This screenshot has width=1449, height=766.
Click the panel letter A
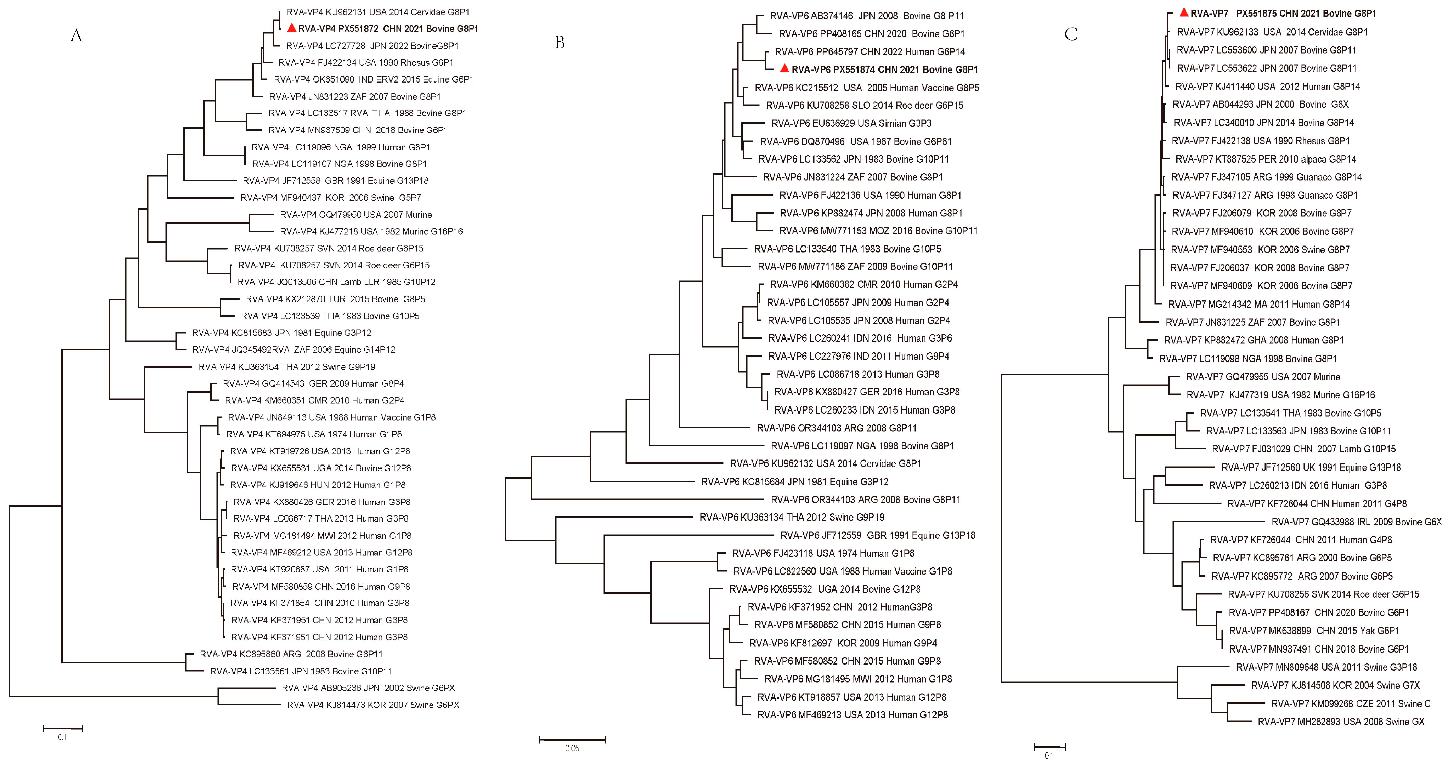tap(76, 36)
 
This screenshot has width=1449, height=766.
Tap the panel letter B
tap(560, 42)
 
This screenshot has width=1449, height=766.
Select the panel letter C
tap(1071, 34)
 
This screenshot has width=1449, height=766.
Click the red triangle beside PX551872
tap(291, 28)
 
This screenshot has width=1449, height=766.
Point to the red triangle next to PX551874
tap(785, 69)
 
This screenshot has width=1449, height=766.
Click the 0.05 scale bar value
tap(572, 748)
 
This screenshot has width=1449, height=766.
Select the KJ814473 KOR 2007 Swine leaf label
tap(373, 705)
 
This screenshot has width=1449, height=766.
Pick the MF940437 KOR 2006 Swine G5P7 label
tap(331, 198)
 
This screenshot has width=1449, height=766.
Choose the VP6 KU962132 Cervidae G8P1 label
tap(826, 464)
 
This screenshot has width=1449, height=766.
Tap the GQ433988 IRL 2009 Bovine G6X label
tap(1357, 522)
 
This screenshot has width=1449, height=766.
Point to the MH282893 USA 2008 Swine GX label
tap(1341, 721)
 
